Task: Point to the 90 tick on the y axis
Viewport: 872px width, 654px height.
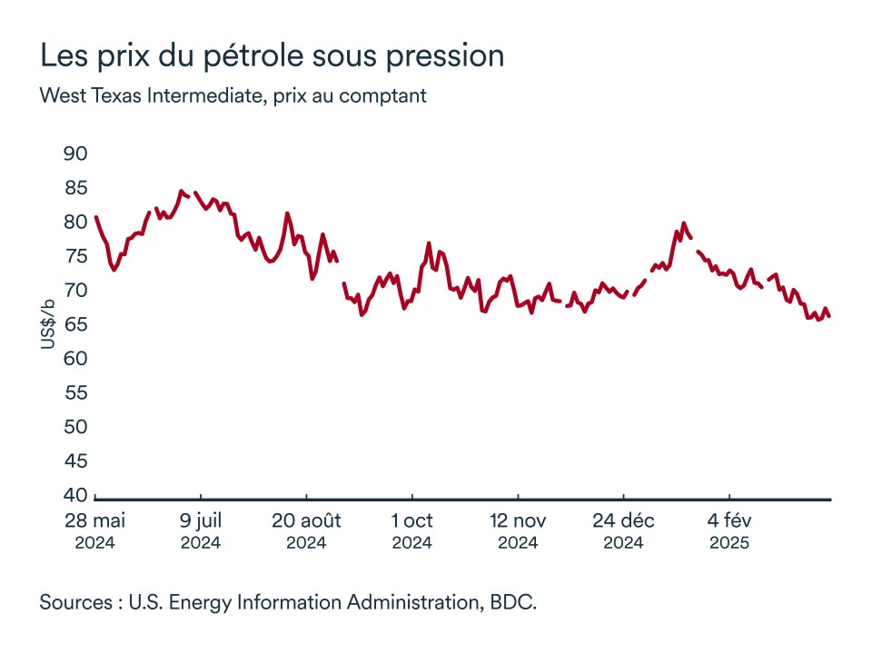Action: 75,154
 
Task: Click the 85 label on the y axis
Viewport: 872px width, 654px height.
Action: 75,188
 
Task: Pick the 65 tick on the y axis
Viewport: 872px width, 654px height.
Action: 75,324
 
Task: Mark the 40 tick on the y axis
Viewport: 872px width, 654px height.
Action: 75,495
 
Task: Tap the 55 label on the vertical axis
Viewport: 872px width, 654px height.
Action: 75,392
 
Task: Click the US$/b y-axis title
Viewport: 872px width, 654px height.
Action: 48,324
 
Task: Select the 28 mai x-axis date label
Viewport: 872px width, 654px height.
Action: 94,521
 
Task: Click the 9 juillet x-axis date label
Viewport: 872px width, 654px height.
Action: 201,521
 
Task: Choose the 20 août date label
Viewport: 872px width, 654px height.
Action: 306,521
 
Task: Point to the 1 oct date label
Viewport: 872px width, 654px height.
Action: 412,521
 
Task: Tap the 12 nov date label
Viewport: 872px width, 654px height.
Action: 518,521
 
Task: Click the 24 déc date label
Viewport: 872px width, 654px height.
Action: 624,521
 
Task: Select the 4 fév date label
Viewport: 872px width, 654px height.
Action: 729,521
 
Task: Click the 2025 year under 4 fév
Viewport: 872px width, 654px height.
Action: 729,543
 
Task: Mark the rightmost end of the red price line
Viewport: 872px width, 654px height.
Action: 829,316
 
